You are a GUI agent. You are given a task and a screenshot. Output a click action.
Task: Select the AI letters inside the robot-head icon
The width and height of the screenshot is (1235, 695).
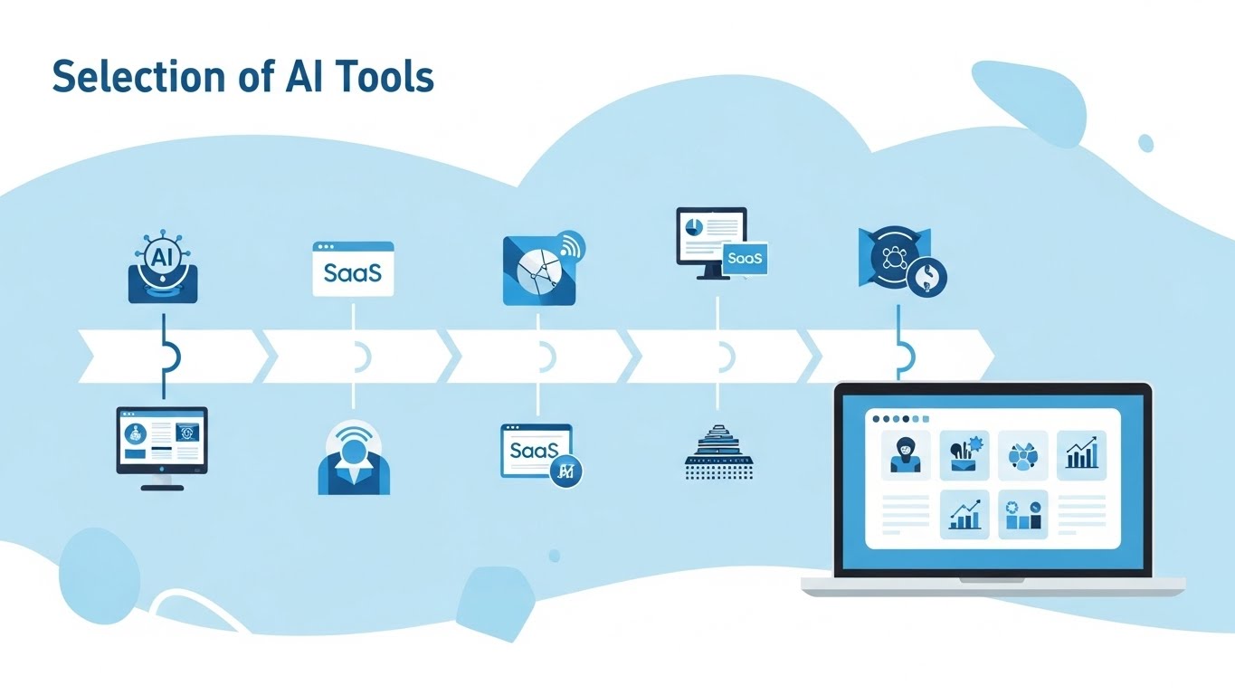(162, 256)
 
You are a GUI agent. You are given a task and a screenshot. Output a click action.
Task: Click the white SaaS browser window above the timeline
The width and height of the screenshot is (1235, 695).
(354, 269)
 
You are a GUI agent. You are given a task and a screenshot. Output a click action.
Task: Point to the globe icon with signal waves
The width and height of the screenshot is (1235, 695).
(543, 269)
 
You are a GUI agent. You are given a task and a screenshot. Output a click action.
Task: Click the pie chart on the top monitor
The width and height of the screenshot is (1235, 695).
(694, 227)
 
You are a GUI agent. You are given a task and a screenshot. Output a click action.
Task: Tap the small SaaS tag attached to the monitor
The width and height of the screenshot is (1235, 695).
(745, 258)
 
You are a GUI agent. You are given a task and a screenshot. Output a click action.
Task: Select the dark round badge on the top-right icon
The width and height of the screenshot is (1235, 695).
(926, 277)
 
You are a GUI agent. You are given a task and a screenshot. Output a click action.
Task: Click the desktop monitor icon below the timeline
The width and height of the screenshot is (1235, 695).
(162, 448)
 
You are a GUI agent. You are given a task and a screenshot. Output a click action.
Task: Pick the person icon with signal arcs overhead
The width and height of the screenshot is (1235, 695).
(354, 457)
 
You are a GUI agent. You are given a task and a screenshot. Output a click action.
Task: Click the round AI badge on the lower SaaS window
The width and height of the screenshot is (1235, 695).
(566, 471)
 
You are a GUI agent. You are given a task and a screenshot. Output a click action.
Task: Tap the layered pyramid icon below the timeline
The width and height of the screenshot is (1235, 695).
(719, 452)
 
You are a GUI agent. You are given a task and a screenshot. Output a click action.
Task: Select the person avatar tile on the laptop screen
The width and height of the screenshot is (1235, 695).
(906, 455)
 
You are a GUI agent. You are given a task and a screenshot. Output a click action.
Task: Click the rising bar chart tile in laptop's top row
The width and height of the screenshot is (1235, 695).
(1081, 455)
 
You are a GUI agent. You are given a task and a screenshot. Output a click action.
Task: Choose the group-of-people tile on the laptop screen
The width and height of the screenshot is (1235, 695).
(1022, 455)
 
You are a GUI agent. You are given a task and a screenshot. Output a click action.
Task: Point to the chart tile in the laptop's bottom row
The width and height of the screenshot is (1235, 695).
(964, 514)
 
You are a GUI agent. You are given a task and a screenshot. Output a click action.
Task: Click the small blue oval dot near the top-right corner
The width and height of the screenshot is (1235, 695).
(1145, 143)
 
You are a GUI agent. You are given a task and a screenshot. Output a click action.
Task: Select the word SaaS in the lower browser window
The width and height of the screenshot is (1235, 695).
(534, 450)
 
